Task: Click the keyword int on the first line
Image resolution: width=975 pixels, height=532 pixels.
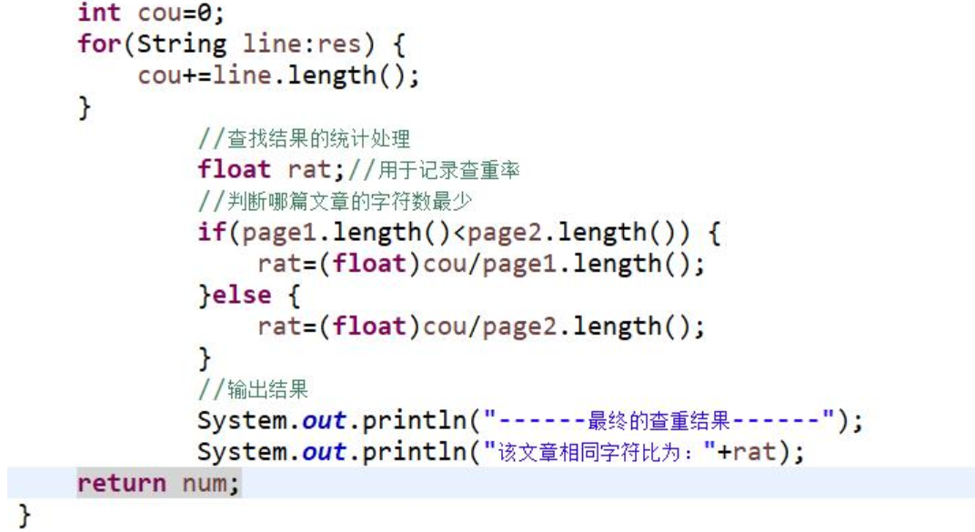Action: [98, 13]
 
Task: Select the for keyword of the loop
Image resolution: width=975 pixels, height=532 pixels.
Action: [98, 44]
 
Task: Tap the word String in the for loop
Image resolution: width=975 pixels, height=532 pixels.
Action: [181, 44]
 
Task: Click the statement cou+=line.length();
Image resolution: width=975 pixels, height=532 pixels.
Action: [278, 75]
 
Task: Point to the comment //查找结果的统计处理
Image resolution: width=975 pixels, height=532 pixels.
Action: [305, 138]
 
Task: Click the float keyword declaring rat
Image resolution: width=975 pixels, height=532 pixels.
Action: [235, 169]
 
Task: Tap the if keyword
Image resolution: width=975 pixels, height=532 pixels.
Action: [212, 232]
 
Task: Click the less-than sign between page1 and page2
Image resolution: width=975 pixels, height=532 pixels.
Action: [459, 232]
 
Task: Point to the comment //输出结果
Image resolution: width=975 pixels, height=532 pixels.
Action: [254, 389]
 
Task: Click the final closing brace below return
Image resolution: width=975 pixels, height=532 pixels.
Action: [25, 516]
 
